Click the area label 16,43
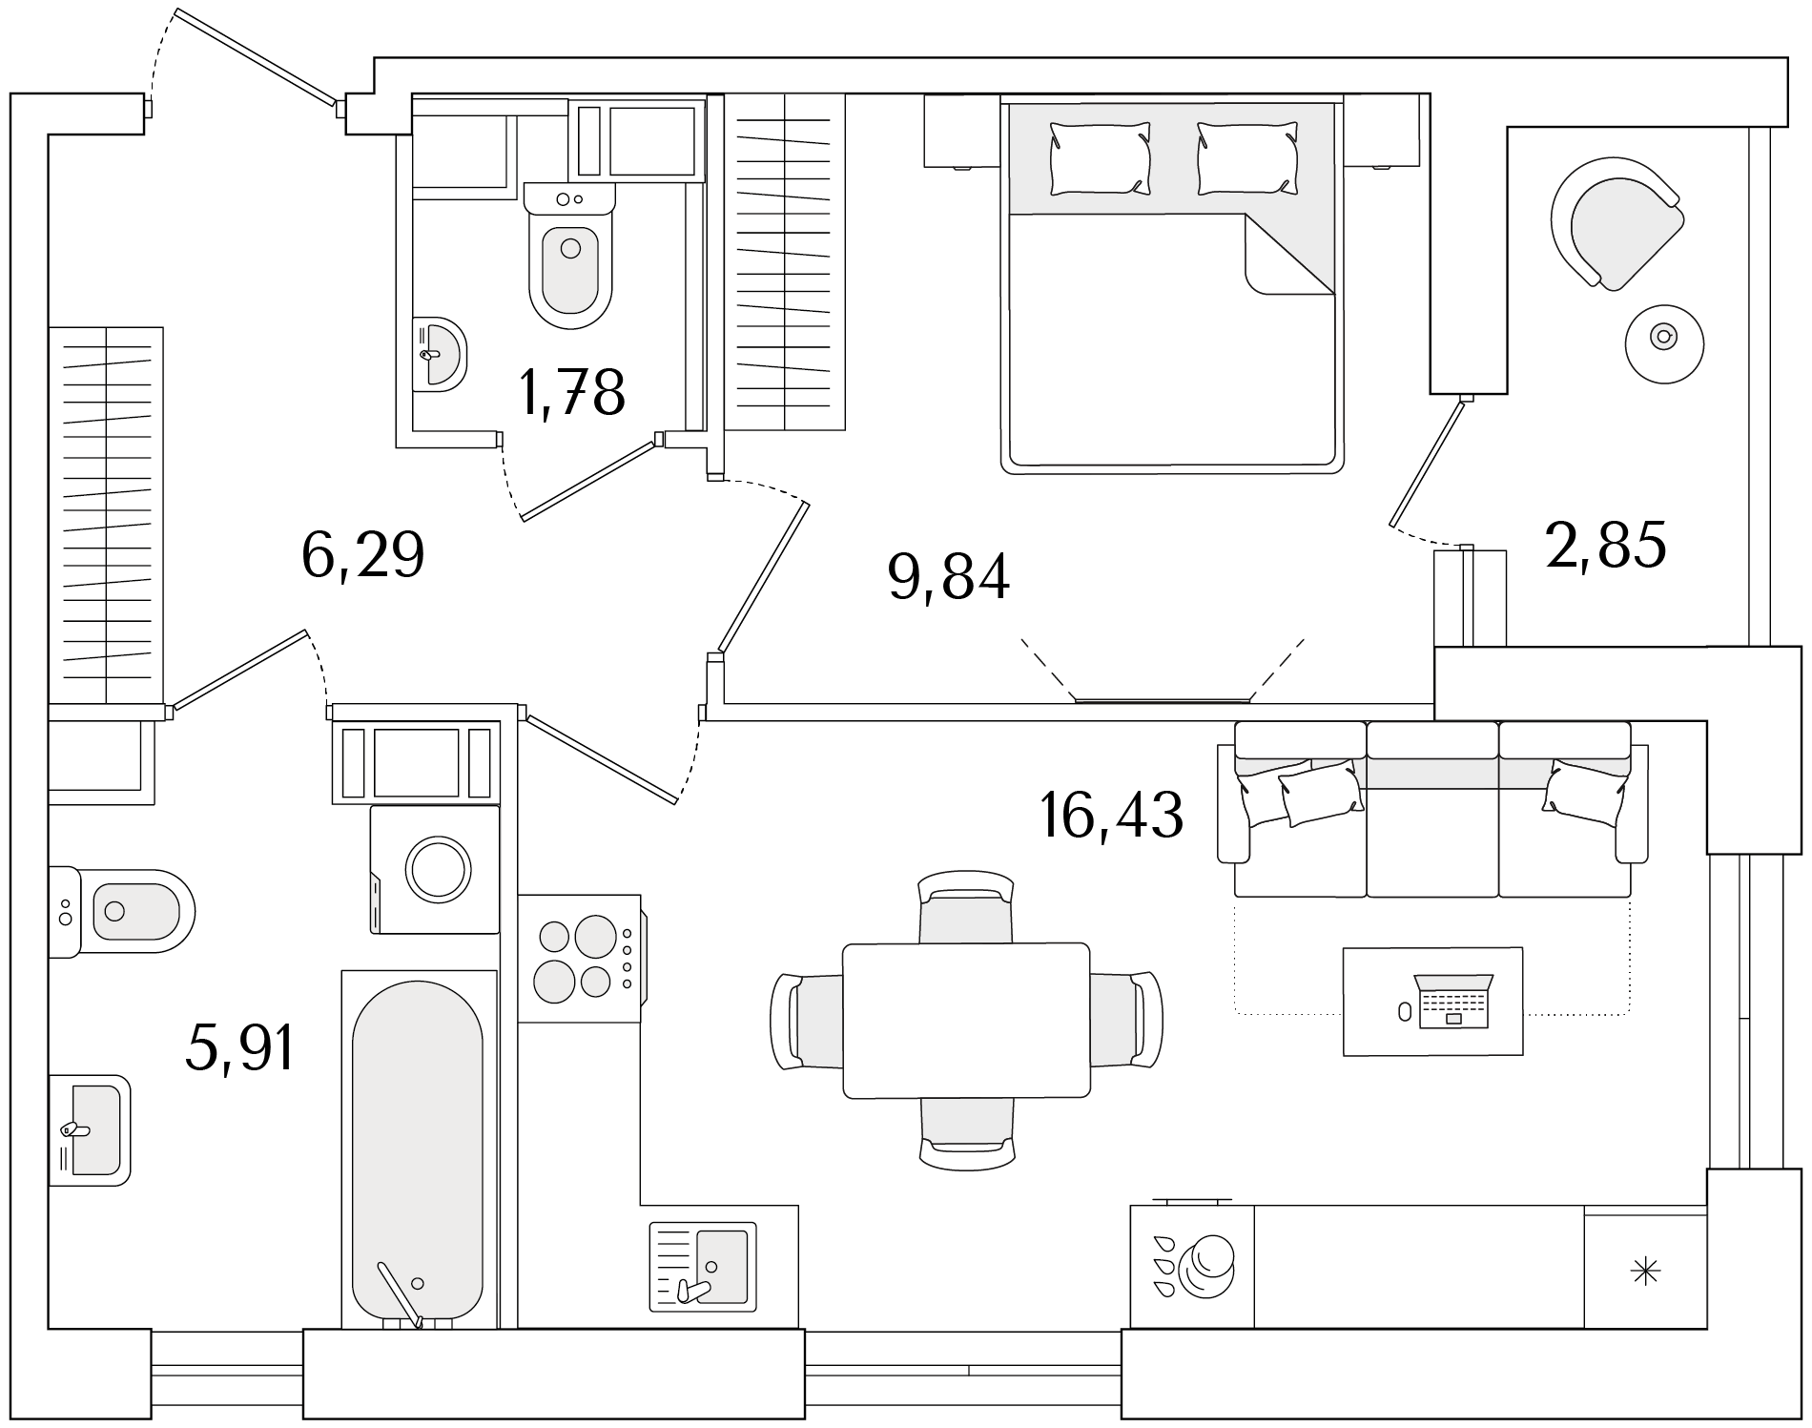[x=1112, y=816]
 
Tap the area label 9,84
[x=948, y=577]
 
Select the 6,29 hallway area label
[x=362, y=555]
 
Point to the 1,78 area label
[x=572, y=392]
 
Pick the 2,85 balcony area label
[x=1606, y=545]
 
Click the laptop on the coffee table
[x=1452, y=1001]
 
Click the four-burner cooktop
[x=580, y=959]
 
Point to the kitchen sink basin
[x=722, y=1265]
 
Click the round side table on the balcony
[x=1664, y=344]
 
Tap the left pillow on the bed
[x=1100, y=158]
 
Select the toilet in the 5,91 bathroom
[x=121, y=912]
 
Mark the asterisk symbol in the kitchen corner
[x=1645, y=1271]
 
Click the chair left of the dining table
[x=807, y=1021]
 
